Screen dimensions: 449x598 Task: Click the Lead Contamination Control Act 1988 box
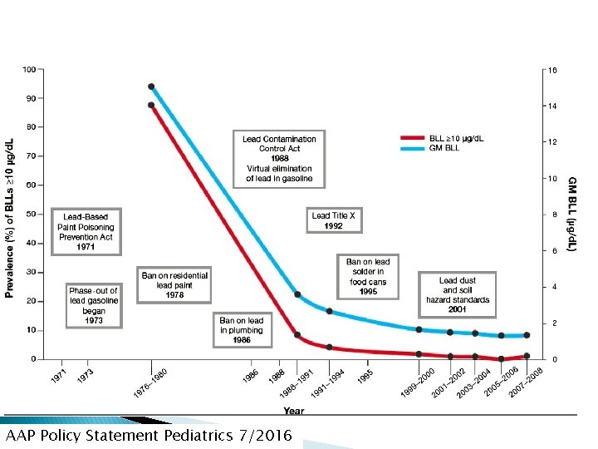(279, 158)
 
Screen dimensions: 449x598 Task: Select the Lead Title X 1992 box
(333, 220)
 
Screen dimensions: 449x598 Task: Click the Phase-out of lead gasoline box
(94, 305)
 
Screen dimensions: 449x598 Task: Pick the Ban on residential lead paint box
(174, 284)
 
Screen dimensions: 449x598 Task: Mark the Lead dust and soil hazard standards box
(458, 294)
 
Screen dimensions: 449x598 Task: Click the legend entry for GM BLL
(448, 148)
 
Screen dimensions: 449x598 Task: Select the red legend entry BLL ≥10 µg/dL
(455, 137)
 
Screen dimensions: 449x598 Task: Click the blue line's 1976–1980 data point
(151, 86)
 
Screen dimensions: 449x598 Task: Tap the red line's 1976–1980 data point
(151, 105)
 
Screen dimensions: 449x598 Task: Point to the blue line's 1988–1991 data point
(297, 295)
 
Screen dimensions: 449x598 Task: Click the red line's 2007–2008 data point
(527, 356)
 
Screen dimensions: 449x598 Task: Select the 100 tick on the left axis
(29, 69)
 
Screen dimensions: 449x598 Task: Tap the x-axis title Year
(293, 411)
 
